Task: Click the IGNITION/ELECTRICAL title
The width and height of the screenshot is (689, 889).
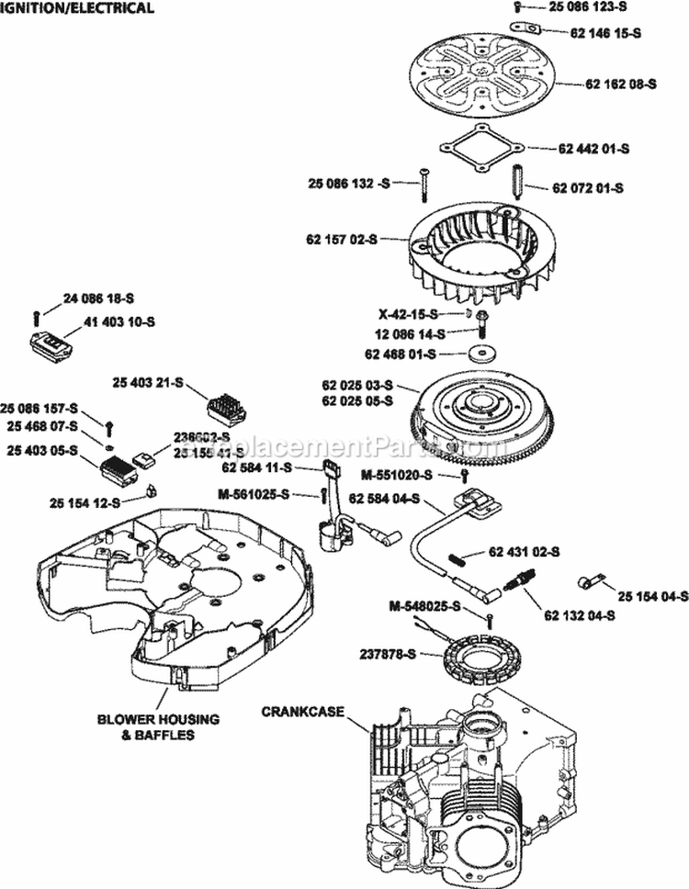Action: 77,8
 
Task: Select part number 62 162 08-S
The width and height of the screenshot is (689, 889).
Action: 621,84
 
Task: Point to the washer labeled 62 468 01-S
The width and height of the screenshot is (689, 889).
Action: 479,354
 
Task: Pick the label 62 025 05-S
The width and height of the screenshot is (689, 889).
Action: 357,400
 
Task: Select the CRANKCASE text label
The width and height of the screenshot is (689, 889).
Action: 299,711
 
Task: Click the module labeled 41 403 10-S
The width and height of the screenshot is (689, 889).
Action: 52,344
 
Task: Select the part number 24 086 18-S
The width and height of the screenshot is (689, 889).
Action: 99,298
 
